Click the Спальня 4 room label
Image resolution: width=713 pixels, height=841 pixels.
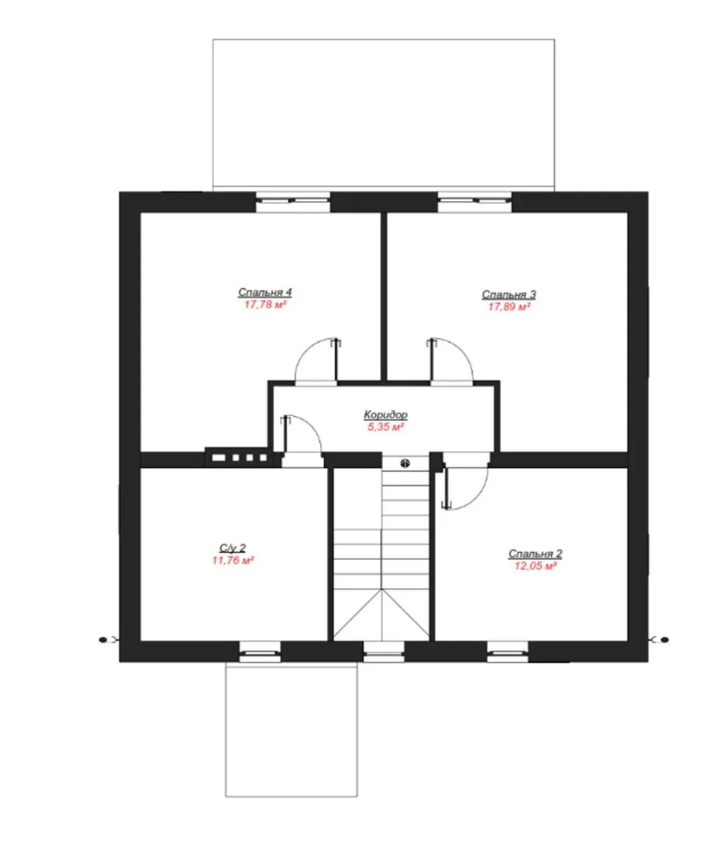click(265, 292)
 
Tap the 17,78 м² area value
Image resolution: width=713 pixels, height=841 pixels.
click(265, 304)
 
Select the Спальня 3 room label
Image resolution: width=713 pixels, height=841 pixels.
click(509, 294)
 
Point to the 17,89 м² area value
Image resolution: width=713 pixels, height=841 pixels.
click(509, 307)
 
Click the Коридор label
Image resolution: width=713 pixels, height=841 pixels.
click(385, 414)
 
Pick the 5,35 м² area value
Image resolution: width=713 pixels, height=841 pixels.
click(385, 427)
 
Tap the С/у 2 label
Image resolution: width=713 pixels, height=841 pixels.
click(233, 547)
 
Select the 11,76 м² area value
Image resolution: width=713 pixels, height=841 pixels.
click(233, 561)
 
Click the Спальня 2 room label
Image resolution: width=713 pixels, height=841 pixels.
click(535, 554)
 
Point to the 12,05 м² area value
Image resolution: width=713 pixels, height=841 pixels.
click(535, 566)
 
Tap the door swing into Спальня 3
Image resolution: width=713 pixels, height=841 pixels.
click(462, 350)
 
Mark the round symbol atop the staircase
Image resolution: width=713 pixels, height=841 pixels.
click(406, 463)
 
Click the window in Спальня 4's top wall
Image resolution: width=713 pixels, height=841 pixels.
click(293, 201)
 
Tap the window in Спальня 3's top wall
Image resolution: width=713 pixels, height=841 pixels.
click(475, 201)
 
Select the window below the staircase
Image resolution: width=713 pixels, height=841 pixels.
click(384, 652)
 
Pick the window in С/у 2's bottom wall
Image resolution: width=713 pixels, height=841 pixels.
click(259, 652)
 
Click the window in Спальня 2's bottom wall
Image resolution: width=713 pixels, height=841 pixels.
click(508, 652)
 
